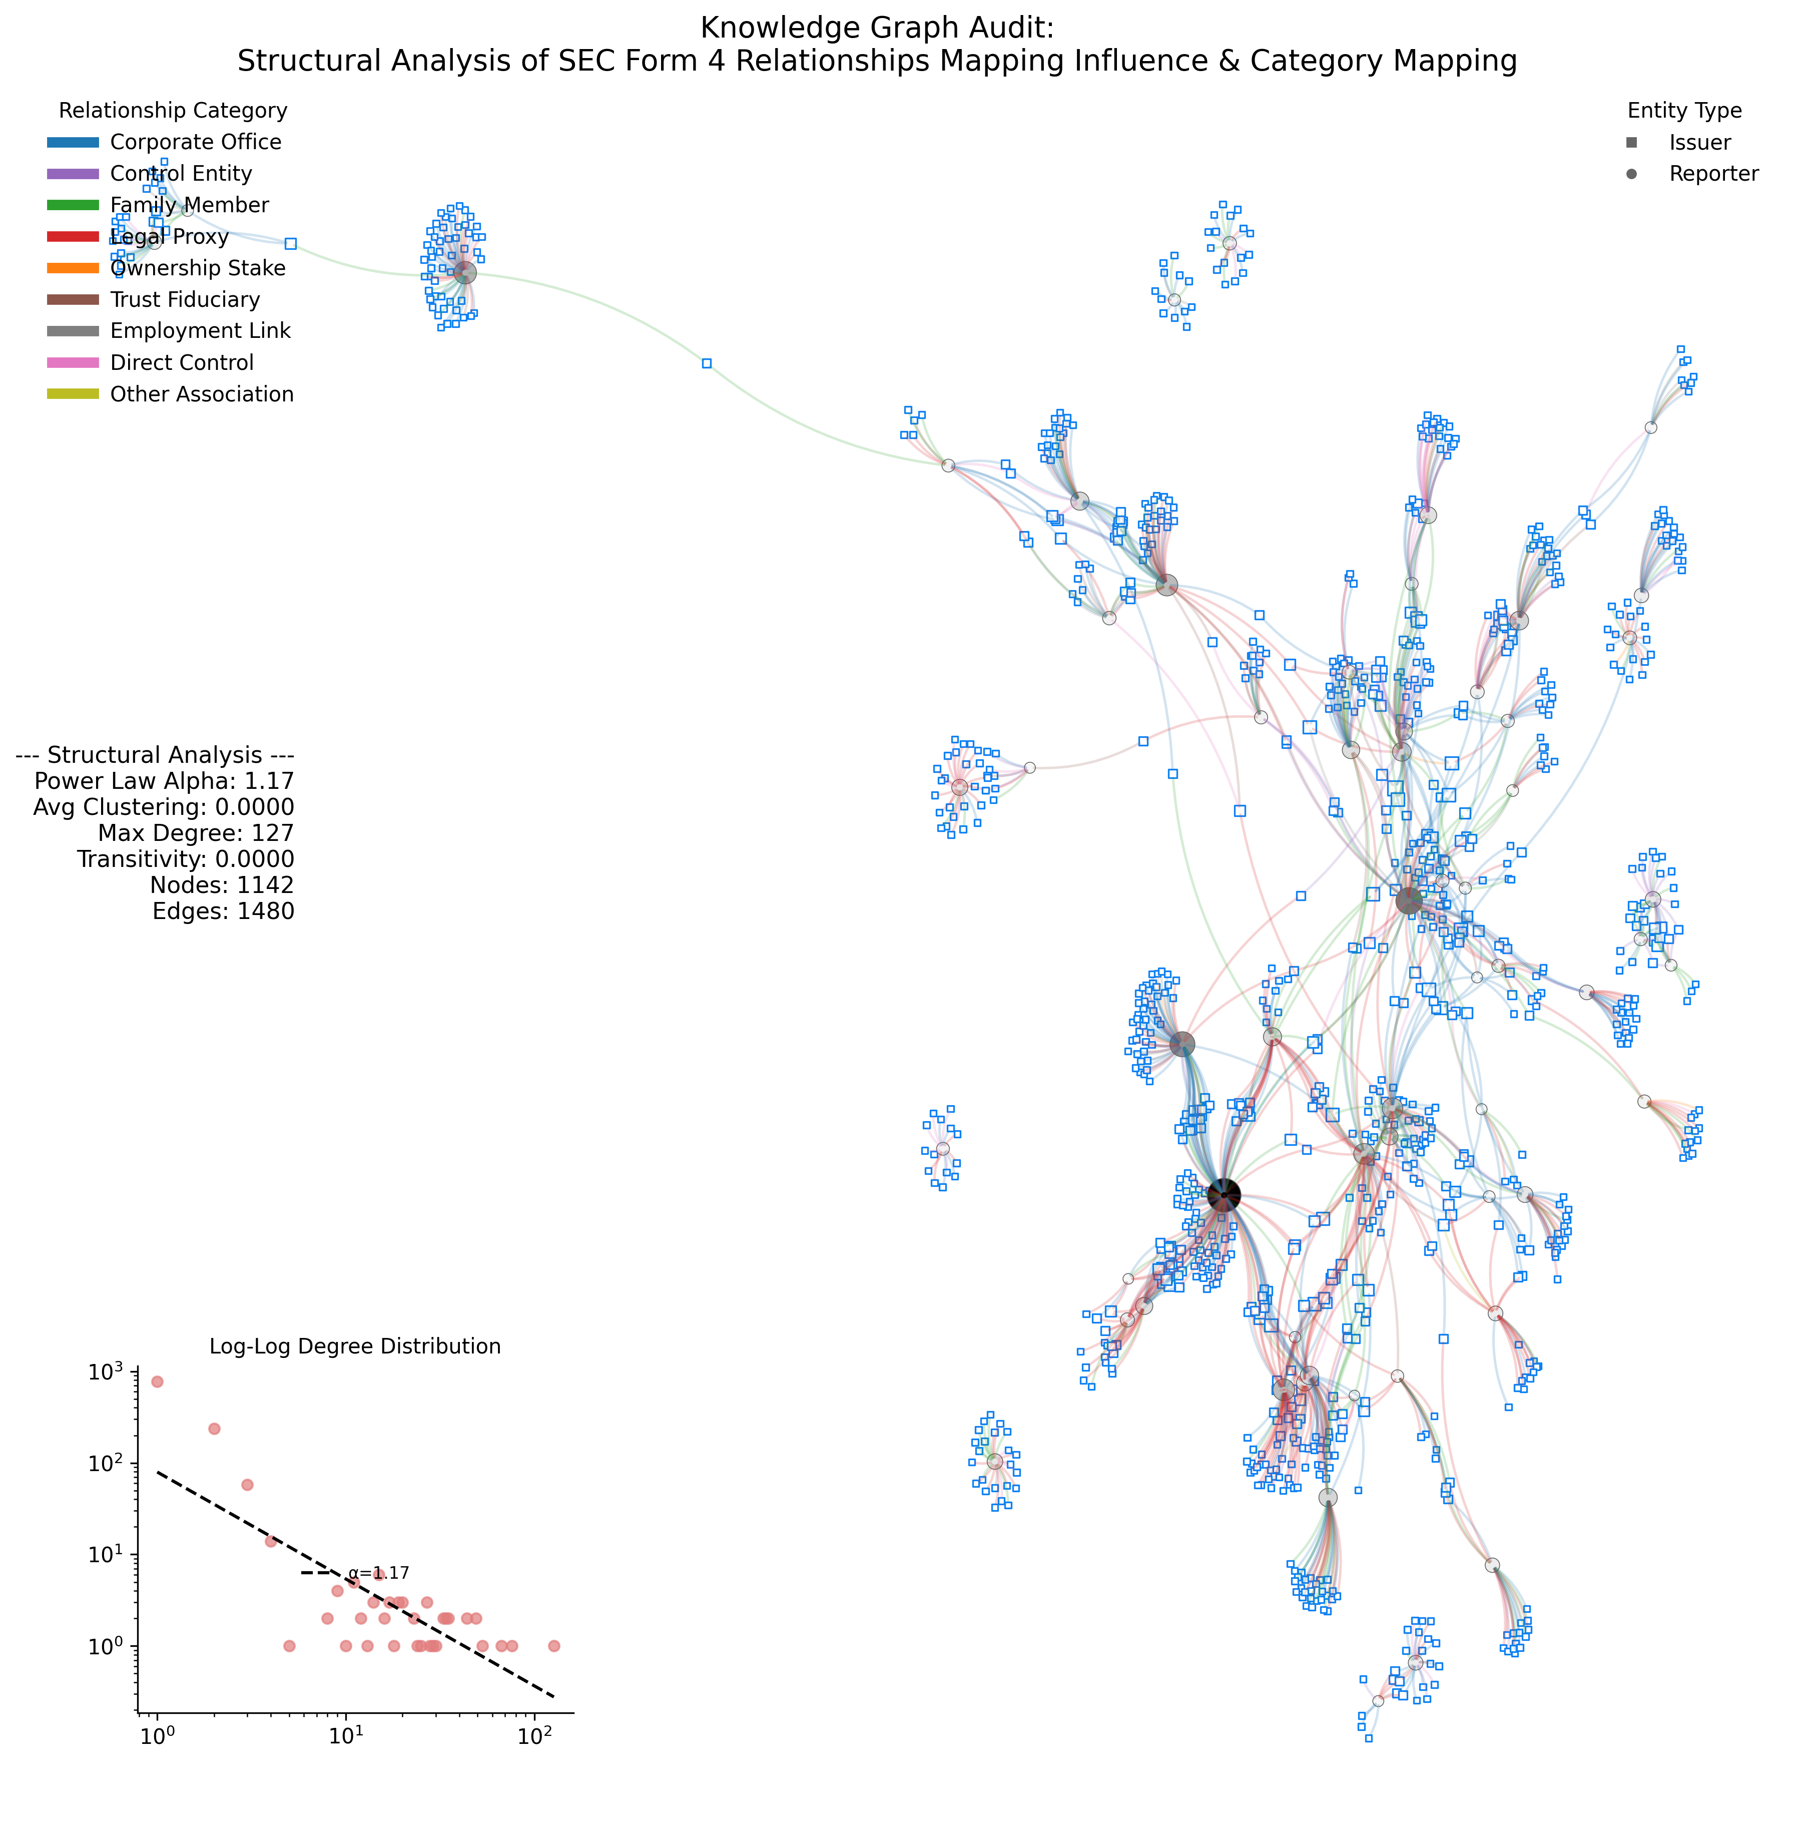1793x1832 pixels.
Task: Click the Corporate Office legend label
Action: click(x=196, y=142)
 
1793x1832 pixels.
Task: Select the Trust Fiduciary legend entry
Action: click(x=185, y=299)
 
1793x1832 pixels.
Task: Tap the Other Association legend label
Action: click(x=202, y=394)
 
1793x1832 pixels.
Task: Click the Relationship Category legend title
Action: click(x=173, y=110)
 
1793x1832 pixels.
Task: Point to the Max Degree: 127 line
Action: click(x=196, y=833)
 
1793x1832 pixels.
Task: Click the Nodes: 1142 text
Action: click(x=222, y=885)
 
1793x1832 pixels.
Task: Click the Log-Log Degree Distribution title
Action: click(x=355, y=1346)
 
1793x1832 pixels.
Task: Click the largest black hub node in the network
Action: click(x=1223, y=1195)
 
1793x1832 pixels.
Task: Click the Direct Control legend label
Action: click(x=182, y=362)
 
